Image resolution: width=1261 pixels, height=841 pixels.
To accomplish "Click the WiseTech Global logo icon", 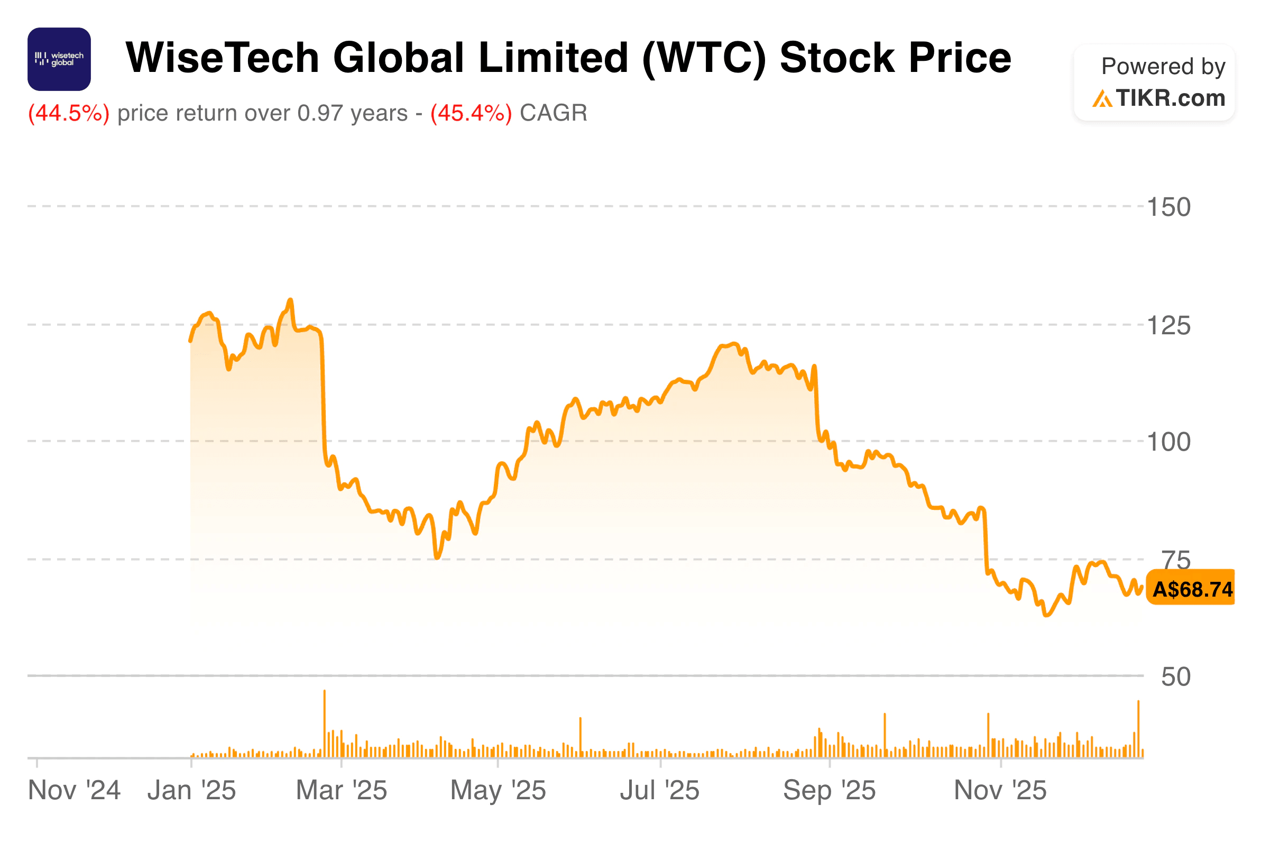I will pyautogui.click(x=59, y=59).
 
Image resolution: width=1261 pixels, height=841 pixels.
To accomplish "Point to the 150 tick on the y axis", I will pyautogui.click(x=1169, y=207).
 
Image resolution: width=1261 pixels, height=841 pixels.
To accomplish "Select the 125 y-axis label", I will pyautogui.click(x=1169, y=326).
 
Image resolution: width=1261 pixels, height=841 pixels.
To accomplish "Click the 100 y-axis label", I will pyautogui.click(x=1169, y=443).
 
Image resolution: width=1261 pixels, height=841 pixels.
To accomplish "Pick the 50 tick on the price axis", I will pyautogui.click(x=1176, y=678).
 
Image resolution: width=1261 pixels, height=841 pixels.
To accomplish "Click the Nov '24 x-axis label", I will pyautogui.click(x=74, y=791).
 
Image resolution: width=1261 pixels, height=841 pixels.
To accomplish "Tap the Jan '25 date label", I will pyautogui.click(x=191, y=791).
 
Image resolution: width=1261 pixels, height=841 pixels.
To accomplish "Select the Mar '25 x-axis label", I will pyautogui.click(x=342, y=791).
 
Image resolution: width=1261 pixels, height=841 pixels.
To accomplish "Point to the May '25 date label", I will pyautogui.click(x=498, y=791).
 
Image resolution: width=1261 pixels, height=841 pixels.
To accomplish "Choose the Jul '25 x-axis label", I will pyautogui.click(x=659, y=791).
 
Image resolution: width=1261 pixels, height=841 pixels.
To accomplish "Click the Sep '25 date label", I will pyautogui.click(x=829, y=791).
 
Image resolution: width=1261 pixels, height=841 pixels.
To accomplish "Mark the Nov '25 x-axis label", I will pyautogui.click(x=1000, y=791).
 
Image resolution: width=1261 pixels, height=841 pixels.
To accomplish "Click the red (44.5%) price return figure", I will pyautogui.click(x=69, y=113).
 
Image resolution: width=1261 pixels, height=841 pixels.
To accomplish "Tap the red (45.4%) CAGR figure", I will pyautogui.click(x=471, y=113).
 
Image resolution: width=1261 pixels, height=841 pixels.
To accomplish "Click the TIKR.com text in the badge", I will pyautogui.click(x=1171, y=98).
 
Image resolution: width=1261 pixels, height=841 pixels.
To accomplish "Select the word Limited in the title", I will pyautogui.click(x=553, y=58).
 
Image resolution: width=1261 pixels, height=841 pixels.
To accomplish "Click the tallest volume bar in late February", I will pyautogui.click(x=324, y=724).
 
